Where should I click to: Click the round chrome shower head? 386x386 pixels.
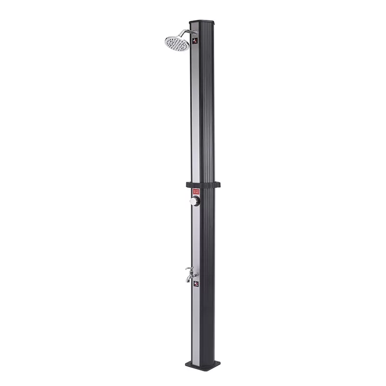[177, 42]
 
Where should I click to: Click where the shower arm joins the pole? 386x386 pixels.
[194, 32]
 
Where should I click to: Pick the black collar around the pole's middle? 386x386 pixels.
[203, 184]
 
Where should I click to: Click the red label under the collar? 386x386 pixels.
[196, 192]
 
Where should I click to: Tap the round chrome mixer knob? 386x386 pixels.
[194, 201]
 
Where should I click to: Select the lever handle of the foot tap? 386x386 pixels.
[189, 269]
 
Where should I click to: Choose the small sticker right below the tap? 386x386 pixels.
[196, 284]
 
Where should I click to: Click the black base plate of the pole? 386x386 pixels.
[203, 366]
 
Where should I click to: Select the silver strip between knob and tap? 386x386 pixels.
[195, 236]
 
